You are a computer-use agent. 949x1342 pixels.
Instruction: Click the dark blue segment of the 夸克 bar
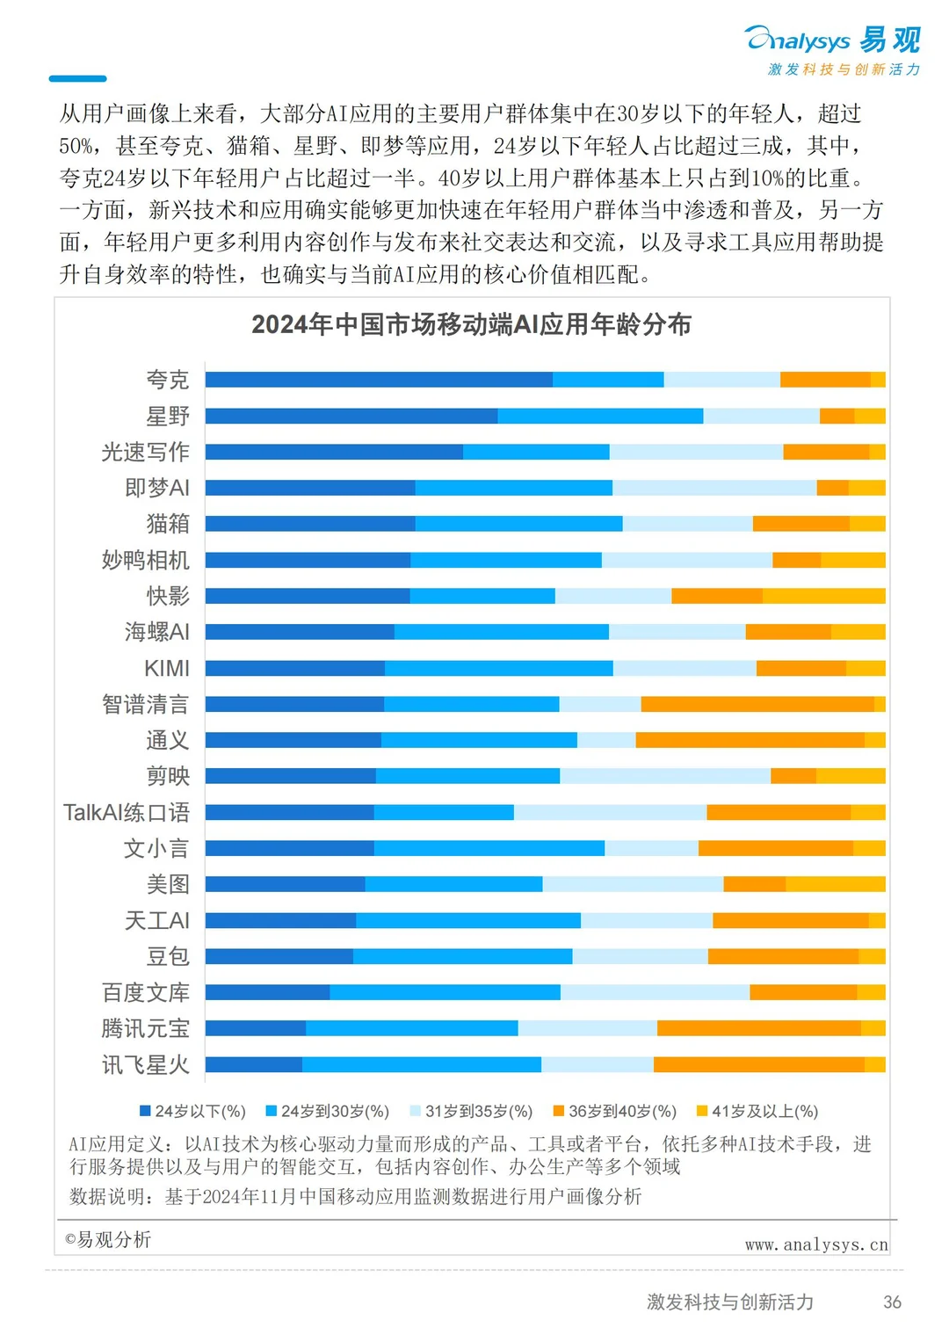(379, 380)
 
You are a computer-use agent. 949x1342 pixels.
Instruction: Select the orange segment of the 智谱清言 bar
(757, 704)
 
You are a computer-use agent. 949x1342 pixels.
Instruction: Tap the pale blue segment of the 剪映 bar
(665, 776)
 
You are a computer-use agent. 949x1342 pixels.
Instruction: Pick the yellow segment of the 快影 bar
(823, 596)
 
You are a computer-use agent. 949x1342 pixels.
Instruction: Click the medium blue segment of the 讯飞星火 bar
(422, 1064)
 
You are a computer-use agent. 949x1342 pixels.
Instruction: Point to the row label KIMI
(167, 668)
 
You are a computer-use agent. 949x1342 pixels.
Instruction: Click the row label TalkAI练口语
(127, 812)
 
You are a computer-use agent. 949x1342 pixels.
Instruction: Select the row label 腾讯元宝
(146, 1028)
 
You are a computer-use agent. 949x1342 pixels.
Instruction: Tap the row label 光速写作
(146, 452)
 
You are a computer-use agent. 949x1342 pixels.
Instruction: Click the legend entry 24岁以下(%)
(193, 1112)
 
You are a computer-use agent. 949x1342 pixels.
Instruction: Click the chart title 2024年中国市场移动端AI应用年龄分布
(472, 324)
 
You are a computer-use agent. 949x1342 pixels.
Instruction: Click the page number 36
(892, 1302)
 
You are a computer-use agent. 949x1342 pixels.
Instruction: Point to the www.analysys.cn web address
(816, 1244)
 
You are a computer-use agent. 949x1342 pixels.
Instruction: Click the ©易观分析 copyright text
(108, 1240)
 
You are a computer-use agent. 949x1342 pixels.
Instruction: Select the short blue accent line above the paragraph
(77, 79)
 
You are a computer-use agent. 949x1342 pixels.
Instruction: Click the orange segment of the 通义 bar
(750, 740)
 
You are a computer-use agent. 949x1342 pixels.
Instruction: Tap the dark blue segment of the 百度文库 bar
(267, 992)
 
